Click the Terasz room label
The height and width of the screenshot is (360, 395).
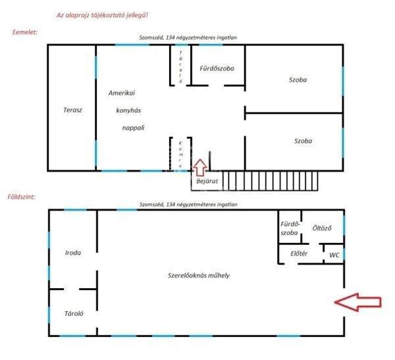[72, 110]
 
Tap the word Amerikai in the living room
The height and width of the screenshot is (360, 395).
[122, 93]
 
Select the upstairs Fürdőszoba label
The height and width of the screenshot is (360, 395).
[217, 68]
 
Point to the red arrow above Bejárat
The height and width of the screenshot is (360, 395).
[200, 167]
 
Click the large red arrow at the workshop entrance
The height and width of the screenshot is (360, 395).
[357, 302]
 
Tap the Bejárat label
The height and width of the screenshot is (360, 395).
[207, 181]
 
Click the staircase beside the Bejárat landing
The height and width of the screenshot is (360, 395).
[270, 181]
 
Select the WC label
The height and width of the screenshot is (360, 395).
[334, 255]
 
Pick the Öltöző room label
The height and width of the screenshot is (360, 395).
[322, 228]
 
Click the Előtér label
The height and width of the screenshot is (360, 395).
[299, 253]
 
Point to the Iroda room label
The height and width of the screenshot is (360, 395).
[73, 253]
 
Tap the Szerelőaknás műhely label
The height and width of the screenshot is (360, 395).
[199, 275]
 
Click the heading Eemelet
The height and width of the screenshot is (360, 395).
[25, 32]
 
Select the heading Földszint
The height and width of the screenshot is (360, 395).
[21, 197]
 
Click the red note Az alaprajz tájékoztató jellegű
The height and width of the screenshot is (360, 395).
[102, 15]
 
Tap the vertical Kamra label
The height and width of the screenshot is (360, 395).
[180, 155]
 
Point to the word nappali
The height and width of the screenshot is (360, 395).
[133, 128]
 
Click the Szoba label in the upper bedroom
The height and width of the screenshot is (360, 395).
[298, 80]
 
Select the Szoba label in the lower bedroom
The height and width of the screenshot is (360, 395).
[303, 141]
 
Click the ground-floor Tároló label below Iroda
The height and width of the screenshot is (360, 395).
[74, 314]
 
